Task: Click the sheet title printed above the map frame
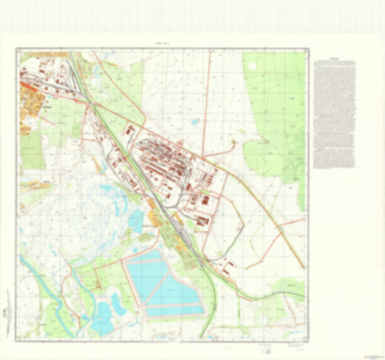point(163,44)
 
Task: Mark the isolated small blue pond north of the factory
point(194,122)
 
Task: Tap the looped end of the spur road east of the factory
point(234,145)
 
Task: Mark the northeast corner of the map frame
point(307,49)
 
